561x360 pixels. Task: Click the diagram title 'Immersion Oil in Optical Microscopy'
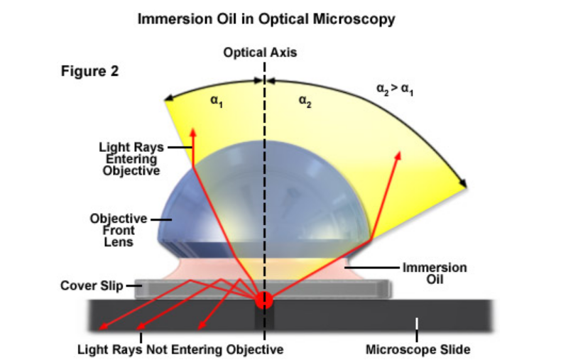266,19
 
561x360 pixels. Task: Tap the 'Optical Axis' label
260,53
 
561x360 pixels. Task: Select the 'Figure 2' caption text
89,71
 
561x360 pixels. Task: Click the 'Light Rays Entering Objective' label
129,159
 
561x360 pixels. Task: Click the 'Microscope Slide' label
418,349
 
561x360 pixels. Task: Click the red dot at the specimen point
263,300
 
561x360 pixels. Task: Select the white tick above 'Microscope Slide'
418,324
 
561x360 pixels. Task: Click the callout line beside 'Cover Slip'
131,286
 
